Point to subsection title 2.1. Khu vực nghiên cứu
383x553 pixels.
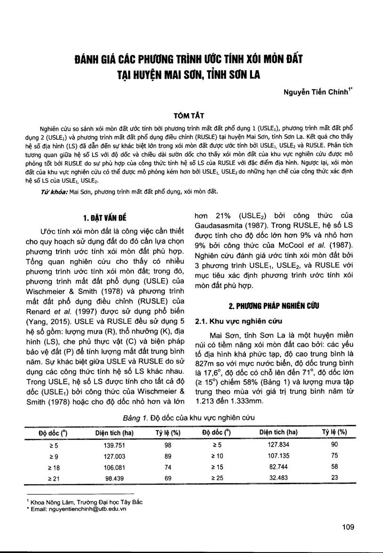238,321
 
